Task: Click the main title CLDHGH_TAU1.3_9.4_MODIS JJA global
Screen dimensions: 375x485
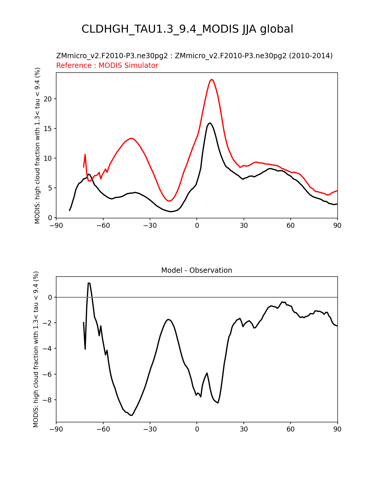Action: (x=187, y=29)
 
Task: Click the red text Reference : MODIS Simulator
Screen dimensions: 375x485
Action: (x=107, y=65)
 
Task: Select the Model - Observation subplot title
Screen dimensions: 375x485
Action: (x=196, y=270)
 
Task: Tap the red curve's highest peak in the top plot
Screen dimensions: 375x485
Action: (x=211, y=79)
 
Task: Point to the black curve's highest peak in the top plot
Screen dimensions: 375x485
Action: (x=210, y=123)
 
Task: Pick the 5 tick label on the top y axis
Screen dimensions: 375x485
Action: (x=50, y=188)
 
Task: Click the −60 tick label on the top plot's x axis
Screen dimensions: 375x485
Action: (x=103, y=226)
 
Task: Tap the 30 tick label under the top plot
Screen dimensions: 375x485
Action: (x=244, y=226)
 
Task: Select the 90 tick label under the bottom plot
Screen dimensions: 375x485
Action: (x=337, y=429)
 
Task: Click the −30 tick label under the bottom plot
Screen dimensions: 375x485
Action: (x=150, y=429)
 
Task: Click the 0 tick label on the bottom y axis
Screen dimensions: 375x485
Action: (x=50, y=297)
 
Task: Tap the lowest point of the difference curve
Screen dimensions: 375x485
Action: (x=132, y=415)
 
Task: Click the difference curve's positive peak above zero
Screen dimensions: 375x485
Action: (x=89, y=283)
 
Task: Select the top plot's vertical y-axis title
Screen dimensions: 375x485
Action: (x=37, y=145)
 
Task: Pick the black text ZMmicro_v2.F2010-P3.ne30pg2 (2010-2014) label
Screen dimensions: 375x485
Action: (x=254, y=56)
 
